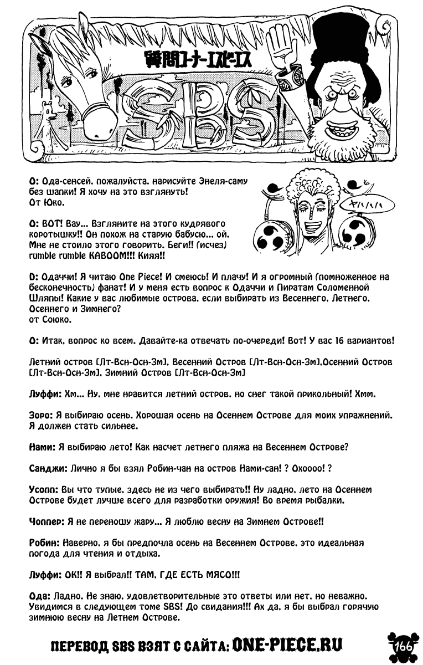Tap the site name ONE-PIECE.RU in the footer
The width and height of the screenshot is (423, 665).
pos(287,644)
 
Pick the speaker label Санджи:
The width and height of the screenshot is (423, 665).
pos(48,468)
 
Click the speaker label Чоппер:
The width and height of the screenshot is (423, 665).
pos(47,521)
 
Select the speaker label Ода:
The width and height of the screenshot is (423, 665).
pos(39,596)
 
